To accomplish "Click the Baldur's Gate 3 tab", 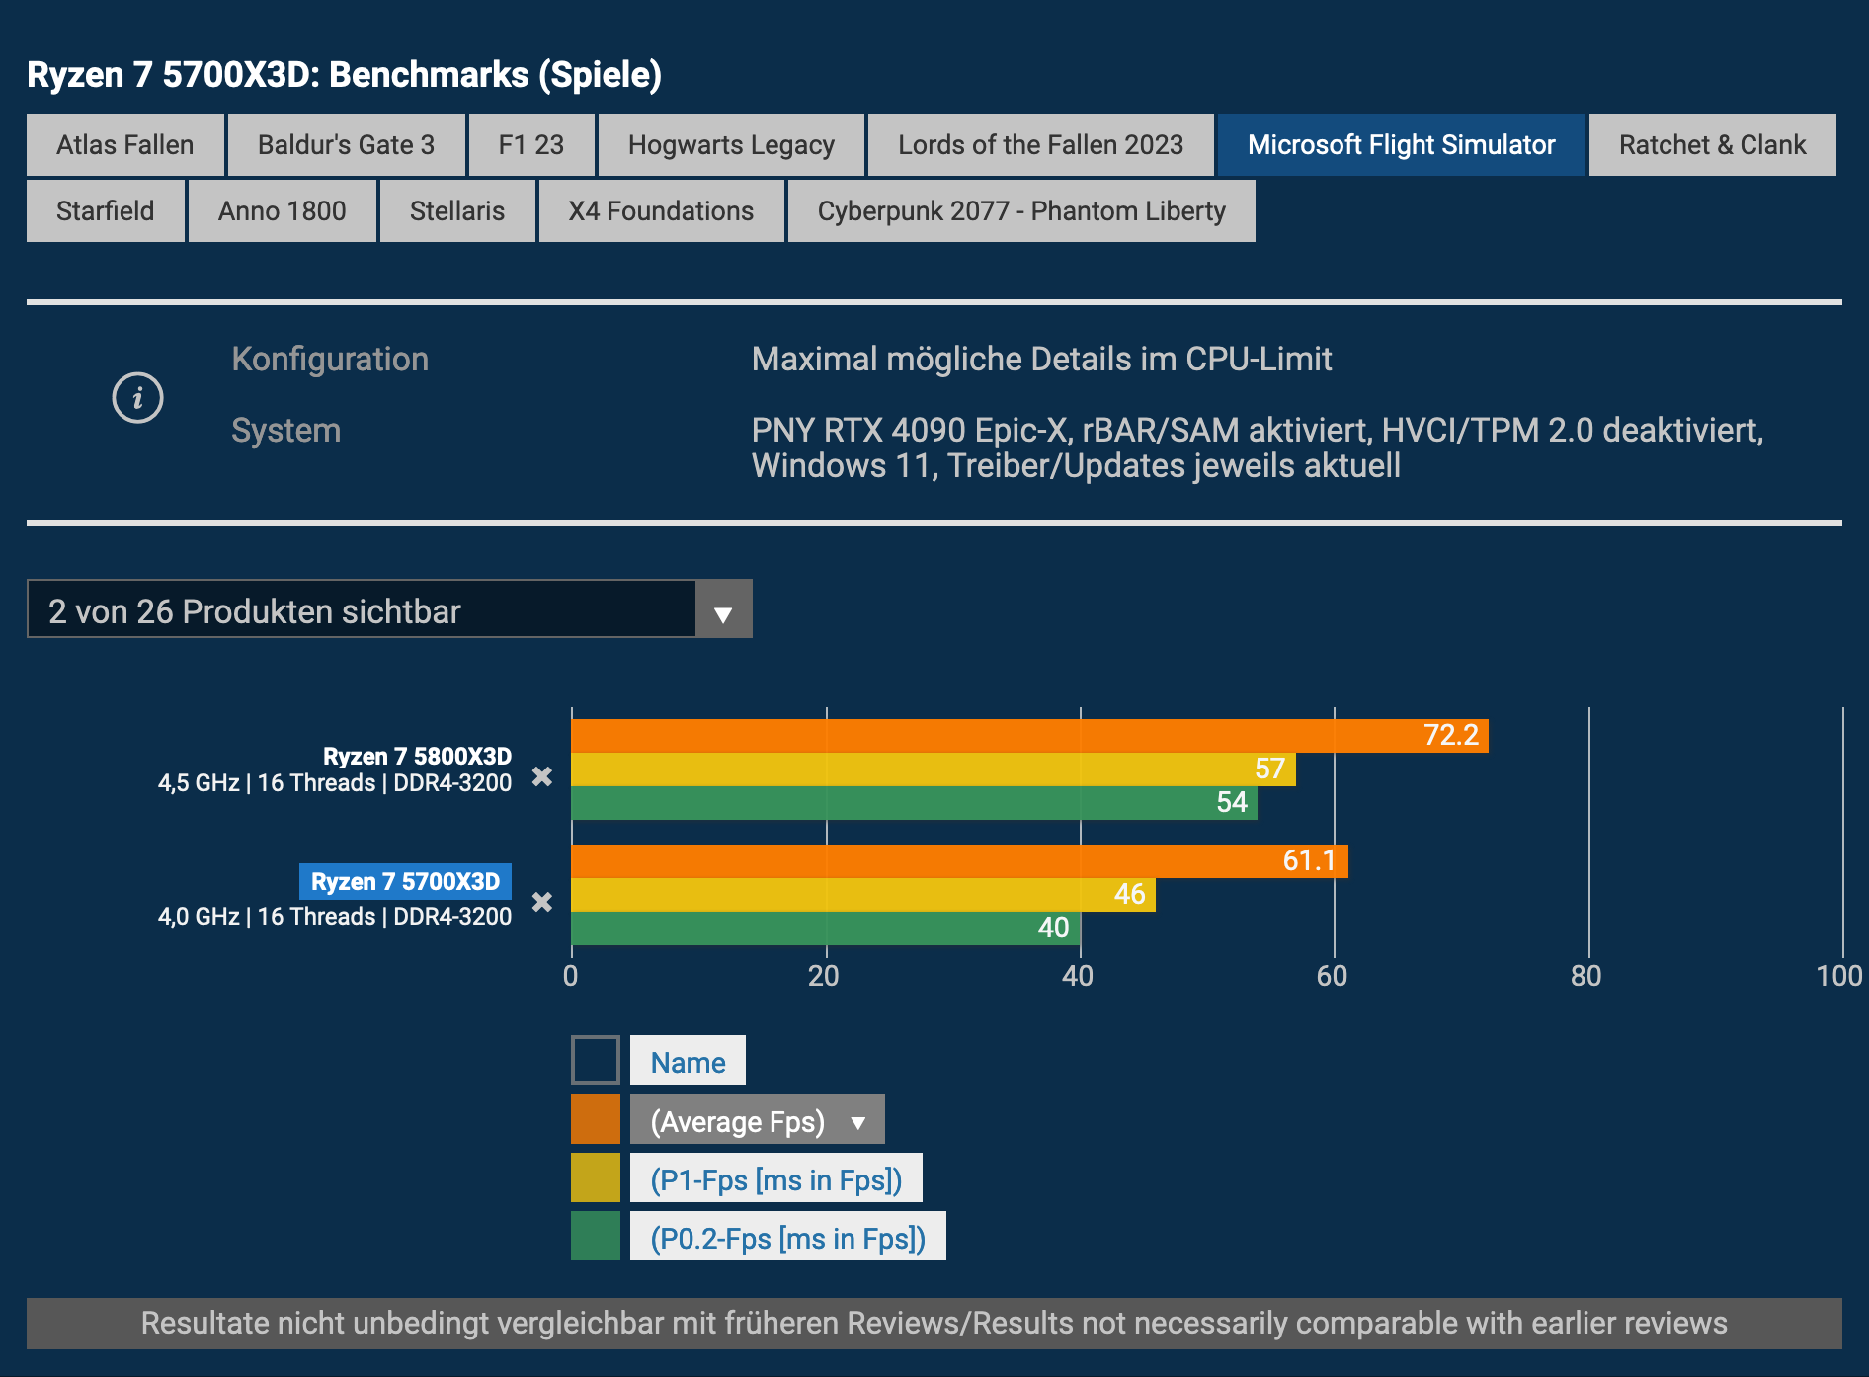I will coord(346,145).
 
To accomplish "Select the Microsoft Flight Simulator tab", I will coord(1401,145).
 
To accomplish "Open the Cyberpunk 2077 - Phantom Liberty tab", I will coord(1021,211).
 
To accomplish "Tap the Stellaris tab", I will coord(457,211).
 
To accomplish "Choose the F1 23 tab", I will coord(531,145).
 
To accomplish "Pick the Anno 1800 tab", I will coord(283,211).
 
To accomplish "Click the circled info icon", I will coord(137,398).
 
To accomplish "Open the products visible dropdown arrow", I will coord(723,613).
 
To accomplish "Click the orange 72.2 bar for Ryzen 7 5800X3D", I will coord(1027,736).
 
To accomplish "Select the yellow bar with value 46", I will coord(861,895).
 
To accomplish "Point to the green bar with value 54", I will coord(913,803).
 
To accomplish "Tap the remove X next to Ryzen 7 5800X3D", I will coord(542,776).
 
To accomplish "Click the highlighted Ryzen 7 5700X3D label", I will coord(405,881).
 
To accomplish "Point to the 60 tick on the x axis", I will coord(1333,976).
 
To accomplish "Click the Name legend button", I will coord(688,1062).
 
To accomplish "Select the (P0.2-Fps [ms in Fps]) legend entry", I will coord(787,1238).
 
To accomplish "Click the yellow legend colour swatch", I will coord(596,1178).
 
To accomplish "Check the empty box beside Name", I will coord(596,1060).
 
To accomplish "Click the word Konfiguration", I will coord(330,360).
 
